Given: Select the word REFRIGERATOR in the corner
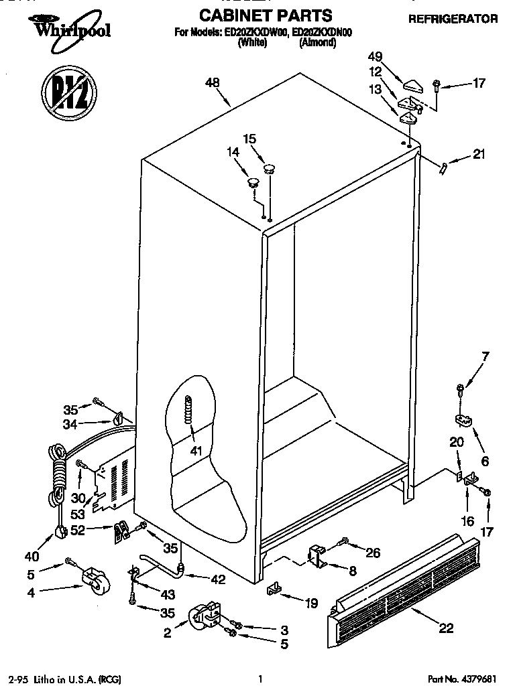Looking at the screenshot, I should point(453,19).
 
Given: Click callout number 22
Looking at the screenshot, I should point(445,628).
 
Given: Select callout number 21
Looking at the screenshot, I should point(478,155).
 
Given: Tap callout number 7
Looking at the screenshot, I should point(486,356).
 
